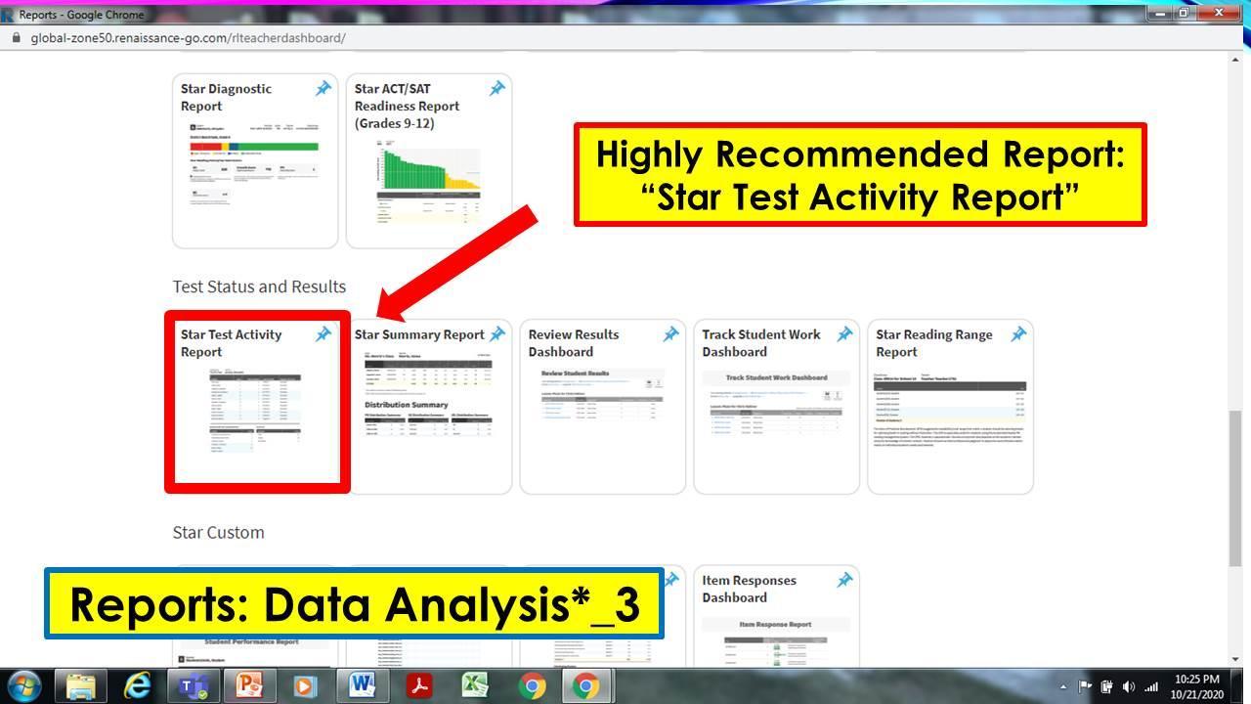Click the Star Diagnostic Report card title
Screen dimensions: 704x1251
(x=226, y=97)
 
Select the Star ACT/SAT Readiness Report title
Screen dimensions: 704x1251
(x=407, y=106)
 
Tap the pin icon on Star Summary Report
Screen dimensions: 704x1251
(x=496, y=334)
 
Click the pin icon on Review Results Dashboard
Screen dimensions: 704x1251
(x=670, y=334)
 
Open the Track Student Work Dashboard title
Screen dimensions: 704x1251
(x=760, y=343)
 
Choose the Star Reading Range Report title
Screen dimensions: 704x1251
(x=933, y=343)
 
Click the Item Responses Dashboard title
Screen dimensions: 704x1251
(x=749, y=589)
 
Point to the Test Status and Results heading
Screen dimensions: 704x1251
(x=259, y=286)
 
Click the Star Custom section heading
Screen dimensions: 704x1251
(x=218, y=532)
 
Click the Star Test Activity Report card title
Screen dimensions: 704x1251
(x=231, y=343)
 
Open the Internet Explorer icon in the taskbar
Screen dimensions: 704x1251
(x=138, y=685)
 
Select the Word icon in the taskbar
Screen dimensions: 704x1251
(x=362, y=685)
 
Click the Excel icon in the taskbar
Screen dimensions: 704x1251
(x=475, y=685)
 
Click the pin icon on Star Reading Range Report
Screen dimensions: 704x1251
(x=1018, y=334)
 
